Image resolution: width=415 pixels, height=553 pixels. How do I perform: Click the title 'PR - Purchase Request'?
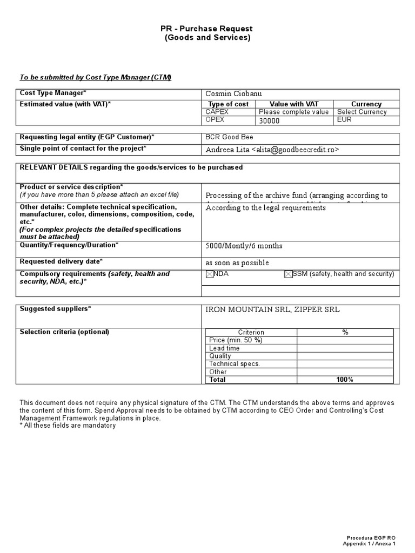[x=207, y=29]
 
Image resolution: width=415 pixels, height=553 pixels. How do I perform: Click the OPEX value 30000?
[x=270, y=120]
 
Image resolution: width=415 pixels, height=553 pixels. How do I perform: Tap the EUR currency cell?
[x=344, y=119]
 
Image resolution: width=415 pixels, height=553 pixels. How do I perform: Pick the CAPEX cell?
[x=218, y=112]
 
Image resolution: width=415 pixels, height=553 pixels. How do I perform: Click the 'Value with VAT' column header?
[x=294, y=104]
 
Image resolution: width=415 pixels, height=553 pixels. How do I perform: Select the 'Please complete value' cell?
[x=293, y=112]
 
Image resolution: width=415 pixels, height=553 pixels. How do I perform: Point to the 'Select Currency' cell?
[x=362, y=112]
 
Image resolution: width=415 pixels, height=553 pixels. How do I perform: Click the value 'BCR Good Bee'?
[x=230, y=137]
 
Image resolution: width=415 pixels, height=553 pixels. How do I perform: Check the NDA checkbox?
[x=210, y=274]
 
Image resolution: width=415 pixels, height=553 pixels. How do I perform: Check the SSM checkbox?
[x=289, y=274]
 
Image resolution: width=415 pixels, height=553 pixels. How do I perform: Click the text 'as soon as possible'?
[x=237, y=262]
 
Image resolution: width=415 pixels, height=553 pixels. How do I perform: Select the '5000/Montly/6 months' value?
[x=244, y=246]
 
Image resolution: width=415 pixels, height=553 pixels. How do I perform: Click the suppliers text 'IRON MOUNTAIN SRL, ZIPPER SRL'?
[x=273, y=309]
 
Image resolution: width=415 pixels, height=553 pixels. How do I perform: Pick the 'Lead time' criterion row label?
[x=224, y=348]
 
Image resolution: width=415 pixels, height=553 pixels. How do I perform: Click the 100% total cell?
[x=344, y=380]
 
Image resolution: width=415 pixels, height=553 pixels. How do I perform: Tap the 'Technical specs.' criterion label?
[x=235, y=364]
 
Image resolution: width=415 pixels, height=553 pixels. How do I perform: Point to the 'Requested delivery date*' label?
[x=61, y=261]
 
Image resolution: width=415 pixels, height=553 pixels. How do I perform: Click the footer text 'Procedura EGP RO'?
[x=371, y=538]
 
